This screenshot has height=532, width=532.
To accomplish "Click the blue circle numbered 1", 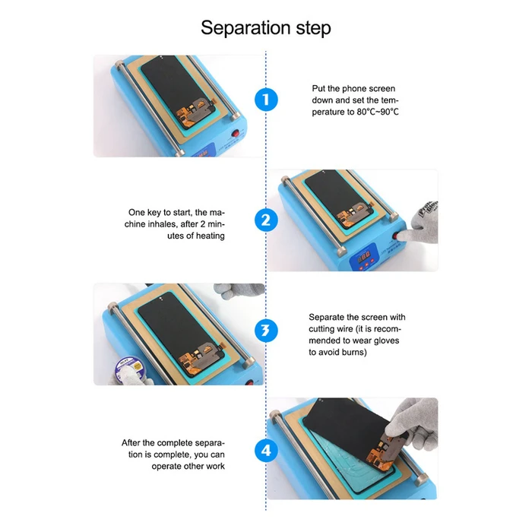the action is coord(266,100).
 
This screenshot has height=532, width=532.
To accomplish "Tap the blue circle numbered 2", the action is coord(266,220).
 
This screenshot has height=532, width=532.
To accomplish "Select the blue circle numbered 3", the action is coord(266,331).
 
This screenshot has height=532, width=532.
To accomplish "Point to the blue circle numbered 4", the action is coord(266,451).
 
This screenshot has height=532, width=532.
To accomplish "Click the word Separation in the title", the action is coord(245,28).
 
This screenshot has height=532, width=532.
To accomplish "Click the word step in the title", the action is coord(313,28).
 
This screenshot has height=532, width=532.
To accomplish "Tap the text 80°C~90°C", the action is coord(378,112).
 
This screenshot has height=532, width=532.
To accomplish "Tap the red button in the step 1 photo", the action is coord(235,132).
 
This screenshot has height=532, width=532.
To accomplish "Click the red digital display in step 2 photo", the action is coord(364,256).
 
